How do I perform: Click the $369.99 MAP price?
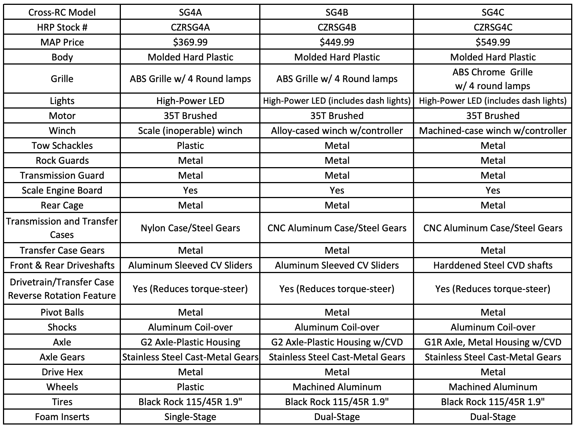(190, 42)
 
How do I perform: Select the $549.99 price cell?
(492, 42)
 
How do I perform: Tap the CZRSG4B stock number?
(337, 27)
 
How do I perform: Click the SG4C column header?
(492, 12)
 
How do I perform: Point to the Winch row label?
(62, 131)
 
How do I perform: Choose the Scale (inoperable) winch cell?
(190, 131)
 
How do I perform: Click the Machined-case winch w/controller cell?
(492, 131)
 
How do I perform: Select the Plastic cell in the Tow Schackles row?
(190, 145)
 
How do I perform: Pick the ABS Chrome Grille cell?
(492, 79)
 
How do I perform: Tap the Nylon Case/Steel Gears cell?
(190, 228)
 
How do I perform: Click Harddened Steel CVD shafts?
(492, 265)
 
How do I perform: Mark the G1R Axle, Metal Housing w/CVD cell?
(492, 342)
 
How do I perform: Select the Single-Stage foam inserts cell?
(190, 417)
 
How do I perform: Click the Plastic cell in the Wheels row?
(190, 387)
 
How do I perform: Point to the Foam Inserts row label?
(62, 417)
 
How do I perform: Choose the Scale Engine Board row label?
(62, 190)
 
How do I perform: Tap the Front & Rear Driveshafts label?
(62, 265)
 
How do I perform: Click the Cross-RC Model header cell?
(62, 12)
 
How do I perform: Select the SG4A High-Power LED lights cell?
(190, 101)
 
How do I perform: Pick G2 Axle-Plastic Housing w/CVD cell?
(337, 342)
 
